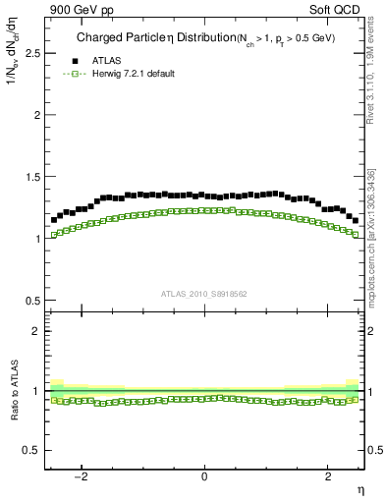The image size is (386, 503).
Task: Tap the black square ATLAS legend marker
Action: pos(75,61)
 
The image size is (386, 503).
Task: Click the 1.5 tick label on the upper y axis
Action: pos(33,177)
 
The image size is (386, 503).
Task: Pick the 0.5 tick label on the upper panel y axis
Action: pos(33,300)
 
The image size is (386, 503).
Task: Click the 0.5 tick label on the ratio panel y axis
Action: pos(33,450)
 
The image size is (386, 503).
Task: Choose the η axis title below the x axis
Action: pos(359,488)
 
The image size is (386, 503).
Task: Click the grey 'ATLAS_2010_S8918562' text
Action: pos(204,293)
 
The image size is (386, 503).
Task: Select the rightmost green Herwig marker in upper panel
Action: pos(356,235)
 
